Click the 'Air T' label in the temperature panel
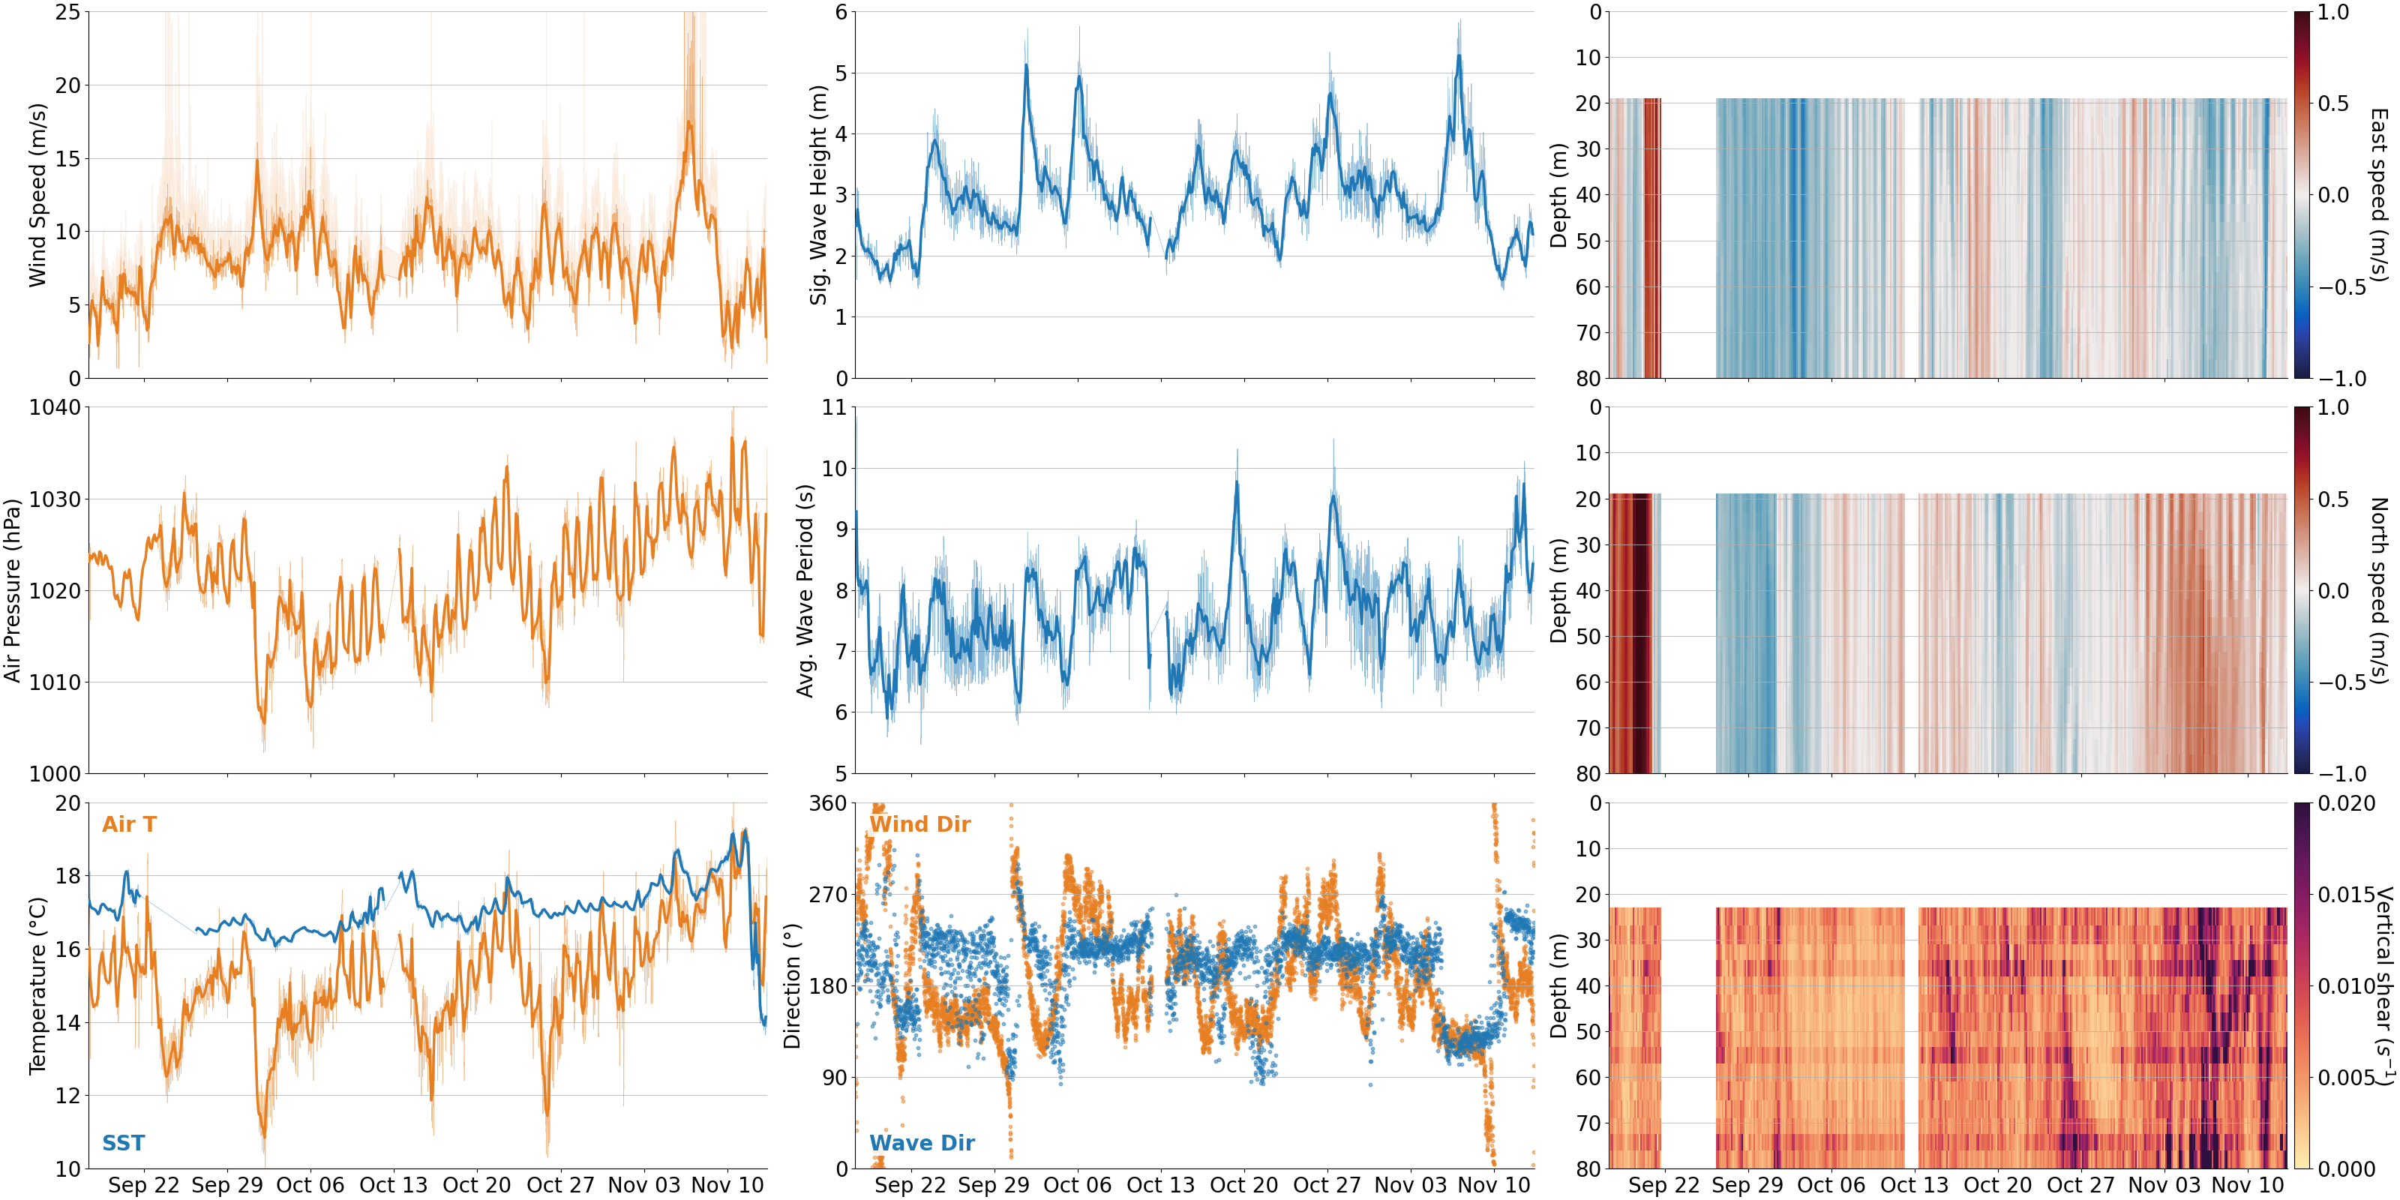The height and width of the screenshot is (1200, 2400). coord(130,824)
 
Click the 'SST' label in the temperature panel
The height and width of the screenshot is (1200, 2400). coord(123,1143)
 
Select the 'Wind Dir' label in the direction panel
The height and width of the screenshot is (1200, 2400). coord(919,824)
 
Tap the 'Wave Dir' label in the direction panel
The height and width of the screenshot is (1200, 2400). coord(922,1143)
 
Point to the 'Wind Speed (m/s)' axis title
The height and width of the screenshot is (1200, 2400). coord(37,196)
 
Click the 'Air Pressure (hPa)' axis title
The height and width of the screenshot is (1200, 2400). coord(12,591)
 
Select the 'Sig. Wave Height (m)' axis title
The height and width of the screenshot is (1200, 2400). coord(818,196)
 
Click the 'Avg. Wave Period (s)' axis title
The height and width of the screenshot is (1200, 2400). coord(805,591)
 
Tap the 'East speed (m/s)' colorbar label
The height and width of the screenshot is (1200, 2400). coord(2378,196)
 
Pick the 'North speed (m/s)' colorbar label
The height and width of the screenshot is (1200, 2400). coord(2378,591)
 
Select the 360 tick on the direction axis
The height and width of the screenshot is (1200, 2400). coord(827,803)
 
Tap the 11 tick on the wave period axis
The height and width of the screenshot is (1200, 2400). coord(834,408)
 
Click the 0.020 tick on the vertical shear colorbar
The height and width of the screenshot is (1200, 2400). coord(2346,803)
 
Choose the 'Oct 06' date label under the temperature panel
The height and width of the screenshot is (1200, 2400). coord(310,1185)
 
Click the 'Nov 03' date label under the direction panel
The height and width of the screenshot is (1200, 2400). coord(1411,1185)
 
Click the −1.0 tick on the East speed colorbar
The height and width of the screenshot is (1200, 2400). coord(2342,378)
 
